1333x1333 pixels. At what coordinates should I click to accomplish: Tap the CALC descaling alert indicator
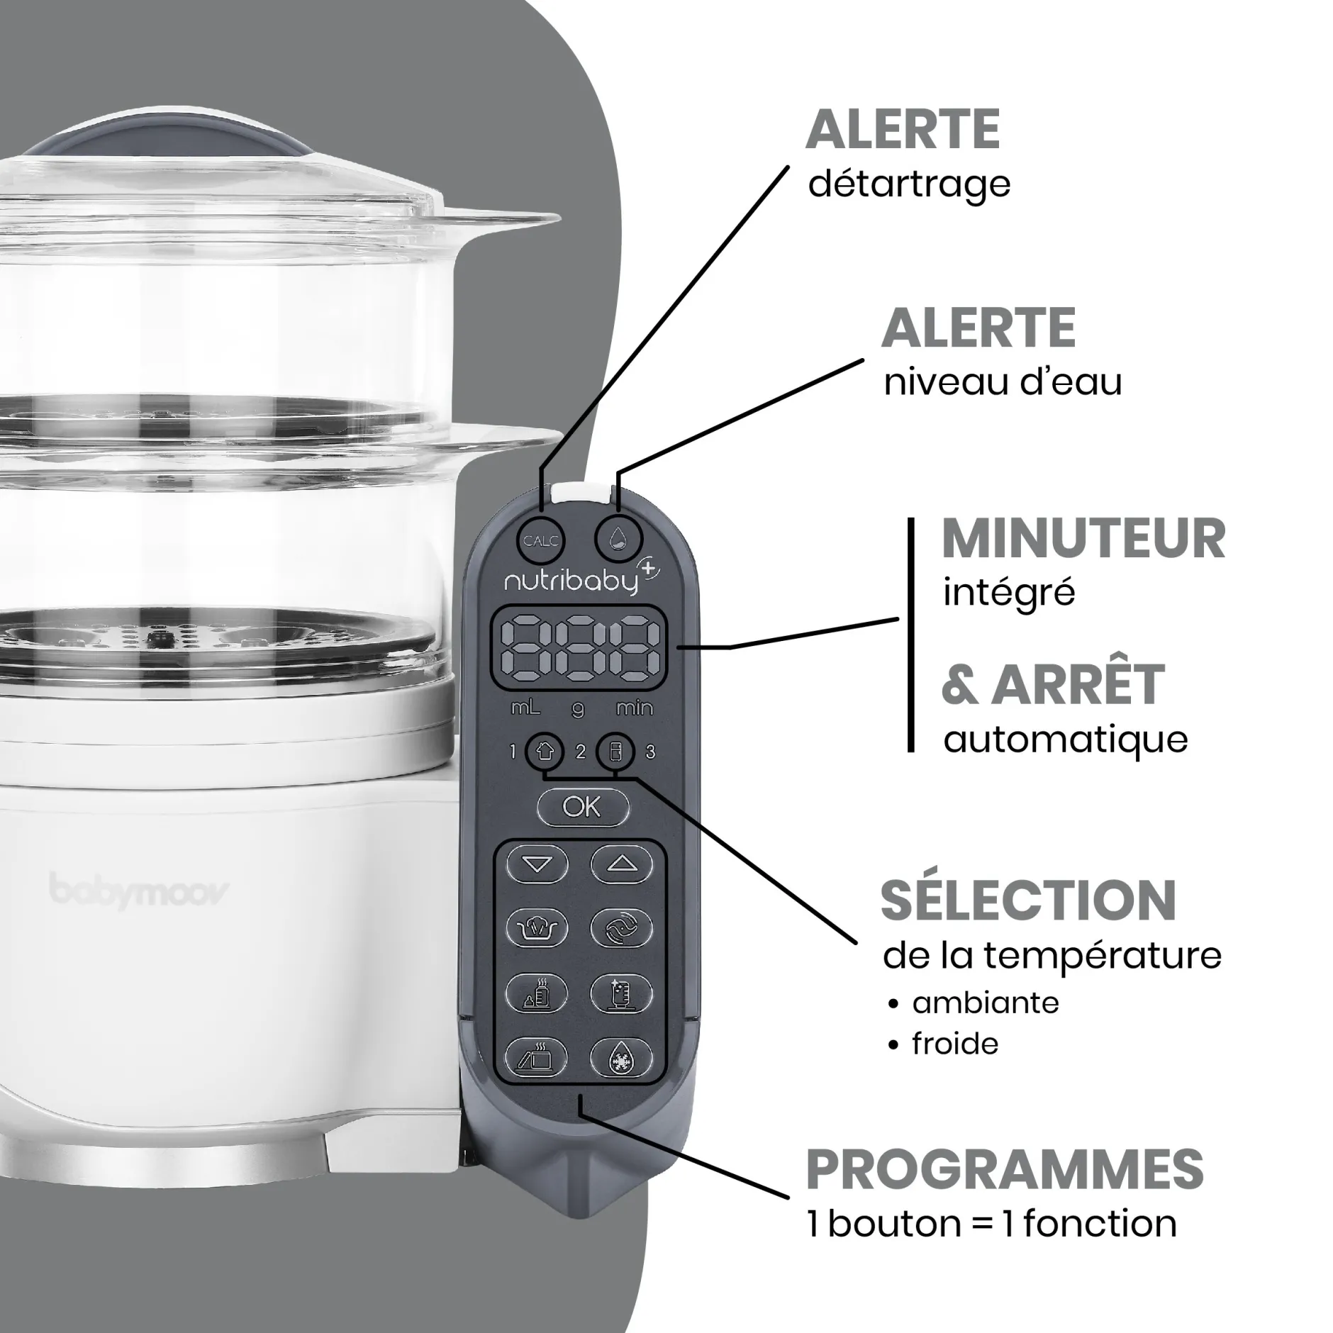point(540,541)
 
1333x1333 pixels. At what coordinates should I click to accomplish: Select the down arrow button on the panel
point(537,864)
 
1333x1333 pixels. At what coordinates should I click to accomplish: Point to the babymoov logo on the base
point(139,891)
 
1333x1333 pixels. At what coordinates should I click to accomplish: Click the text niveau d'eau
point(1003,383)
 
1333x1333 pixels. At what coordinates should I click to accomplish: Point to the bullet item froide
point(954,1044)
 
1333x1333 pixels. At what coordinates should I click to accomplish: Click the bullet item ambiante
point(984,1003)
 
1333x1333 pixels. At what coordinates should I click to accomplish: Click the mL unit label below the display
point(525,708)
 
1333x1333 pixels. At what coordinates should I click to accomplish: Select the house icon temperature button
point(544,752)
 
